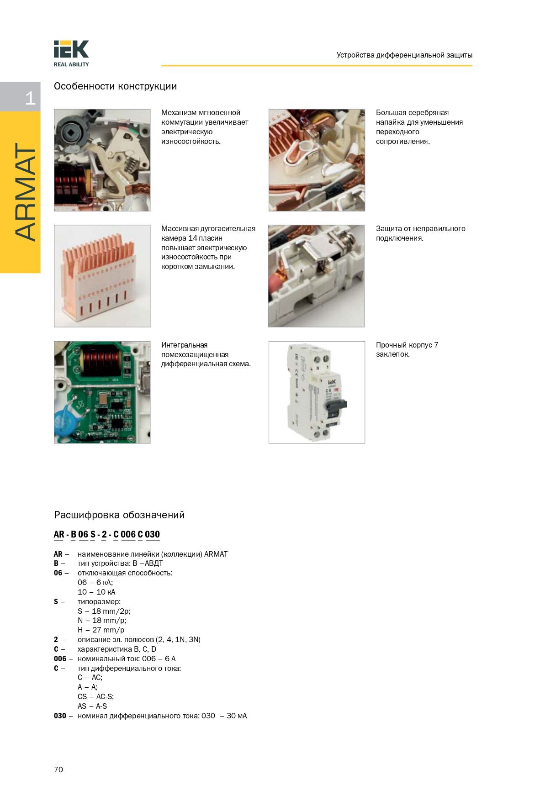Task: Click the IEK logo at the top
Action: (x=71, y=49)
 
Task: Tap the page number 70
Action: (x=58, y=769)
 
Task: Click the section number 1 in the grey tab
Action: (x=30, y=98)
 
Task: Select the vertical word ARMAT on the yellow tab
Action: (x=25, y=192)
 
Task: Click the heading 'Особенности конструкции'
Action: (x=115, y=86)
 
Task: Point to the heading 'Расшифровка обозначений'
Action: (x=119, y=515)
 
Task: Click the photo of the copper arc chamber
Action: (x=102, y=276)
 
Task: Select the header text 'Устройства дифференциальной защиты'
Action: (x=404, y=55)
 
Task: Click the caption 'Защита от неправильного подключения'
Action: (x=420, y=233)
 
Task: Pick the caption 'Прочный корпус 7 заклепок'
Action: (x=407, y=349)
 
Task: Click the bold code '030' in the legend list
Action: (x=60, y=716)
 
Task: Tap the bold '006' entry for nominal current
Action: (x=60, y=659)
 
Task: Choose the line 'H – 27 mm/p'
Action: (x=101, y=630)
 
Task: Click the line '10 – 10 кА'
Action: (x=96, y=592)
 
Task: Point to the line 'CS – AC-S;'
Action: (x=95, y=696)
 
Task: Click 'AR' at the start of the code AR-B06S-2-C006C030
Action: (x=59, y=534)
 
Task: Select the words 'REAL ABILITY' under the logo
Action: (x=71, y=64)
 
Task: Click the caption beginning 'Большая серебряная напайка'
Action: (x=419, y=127)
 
